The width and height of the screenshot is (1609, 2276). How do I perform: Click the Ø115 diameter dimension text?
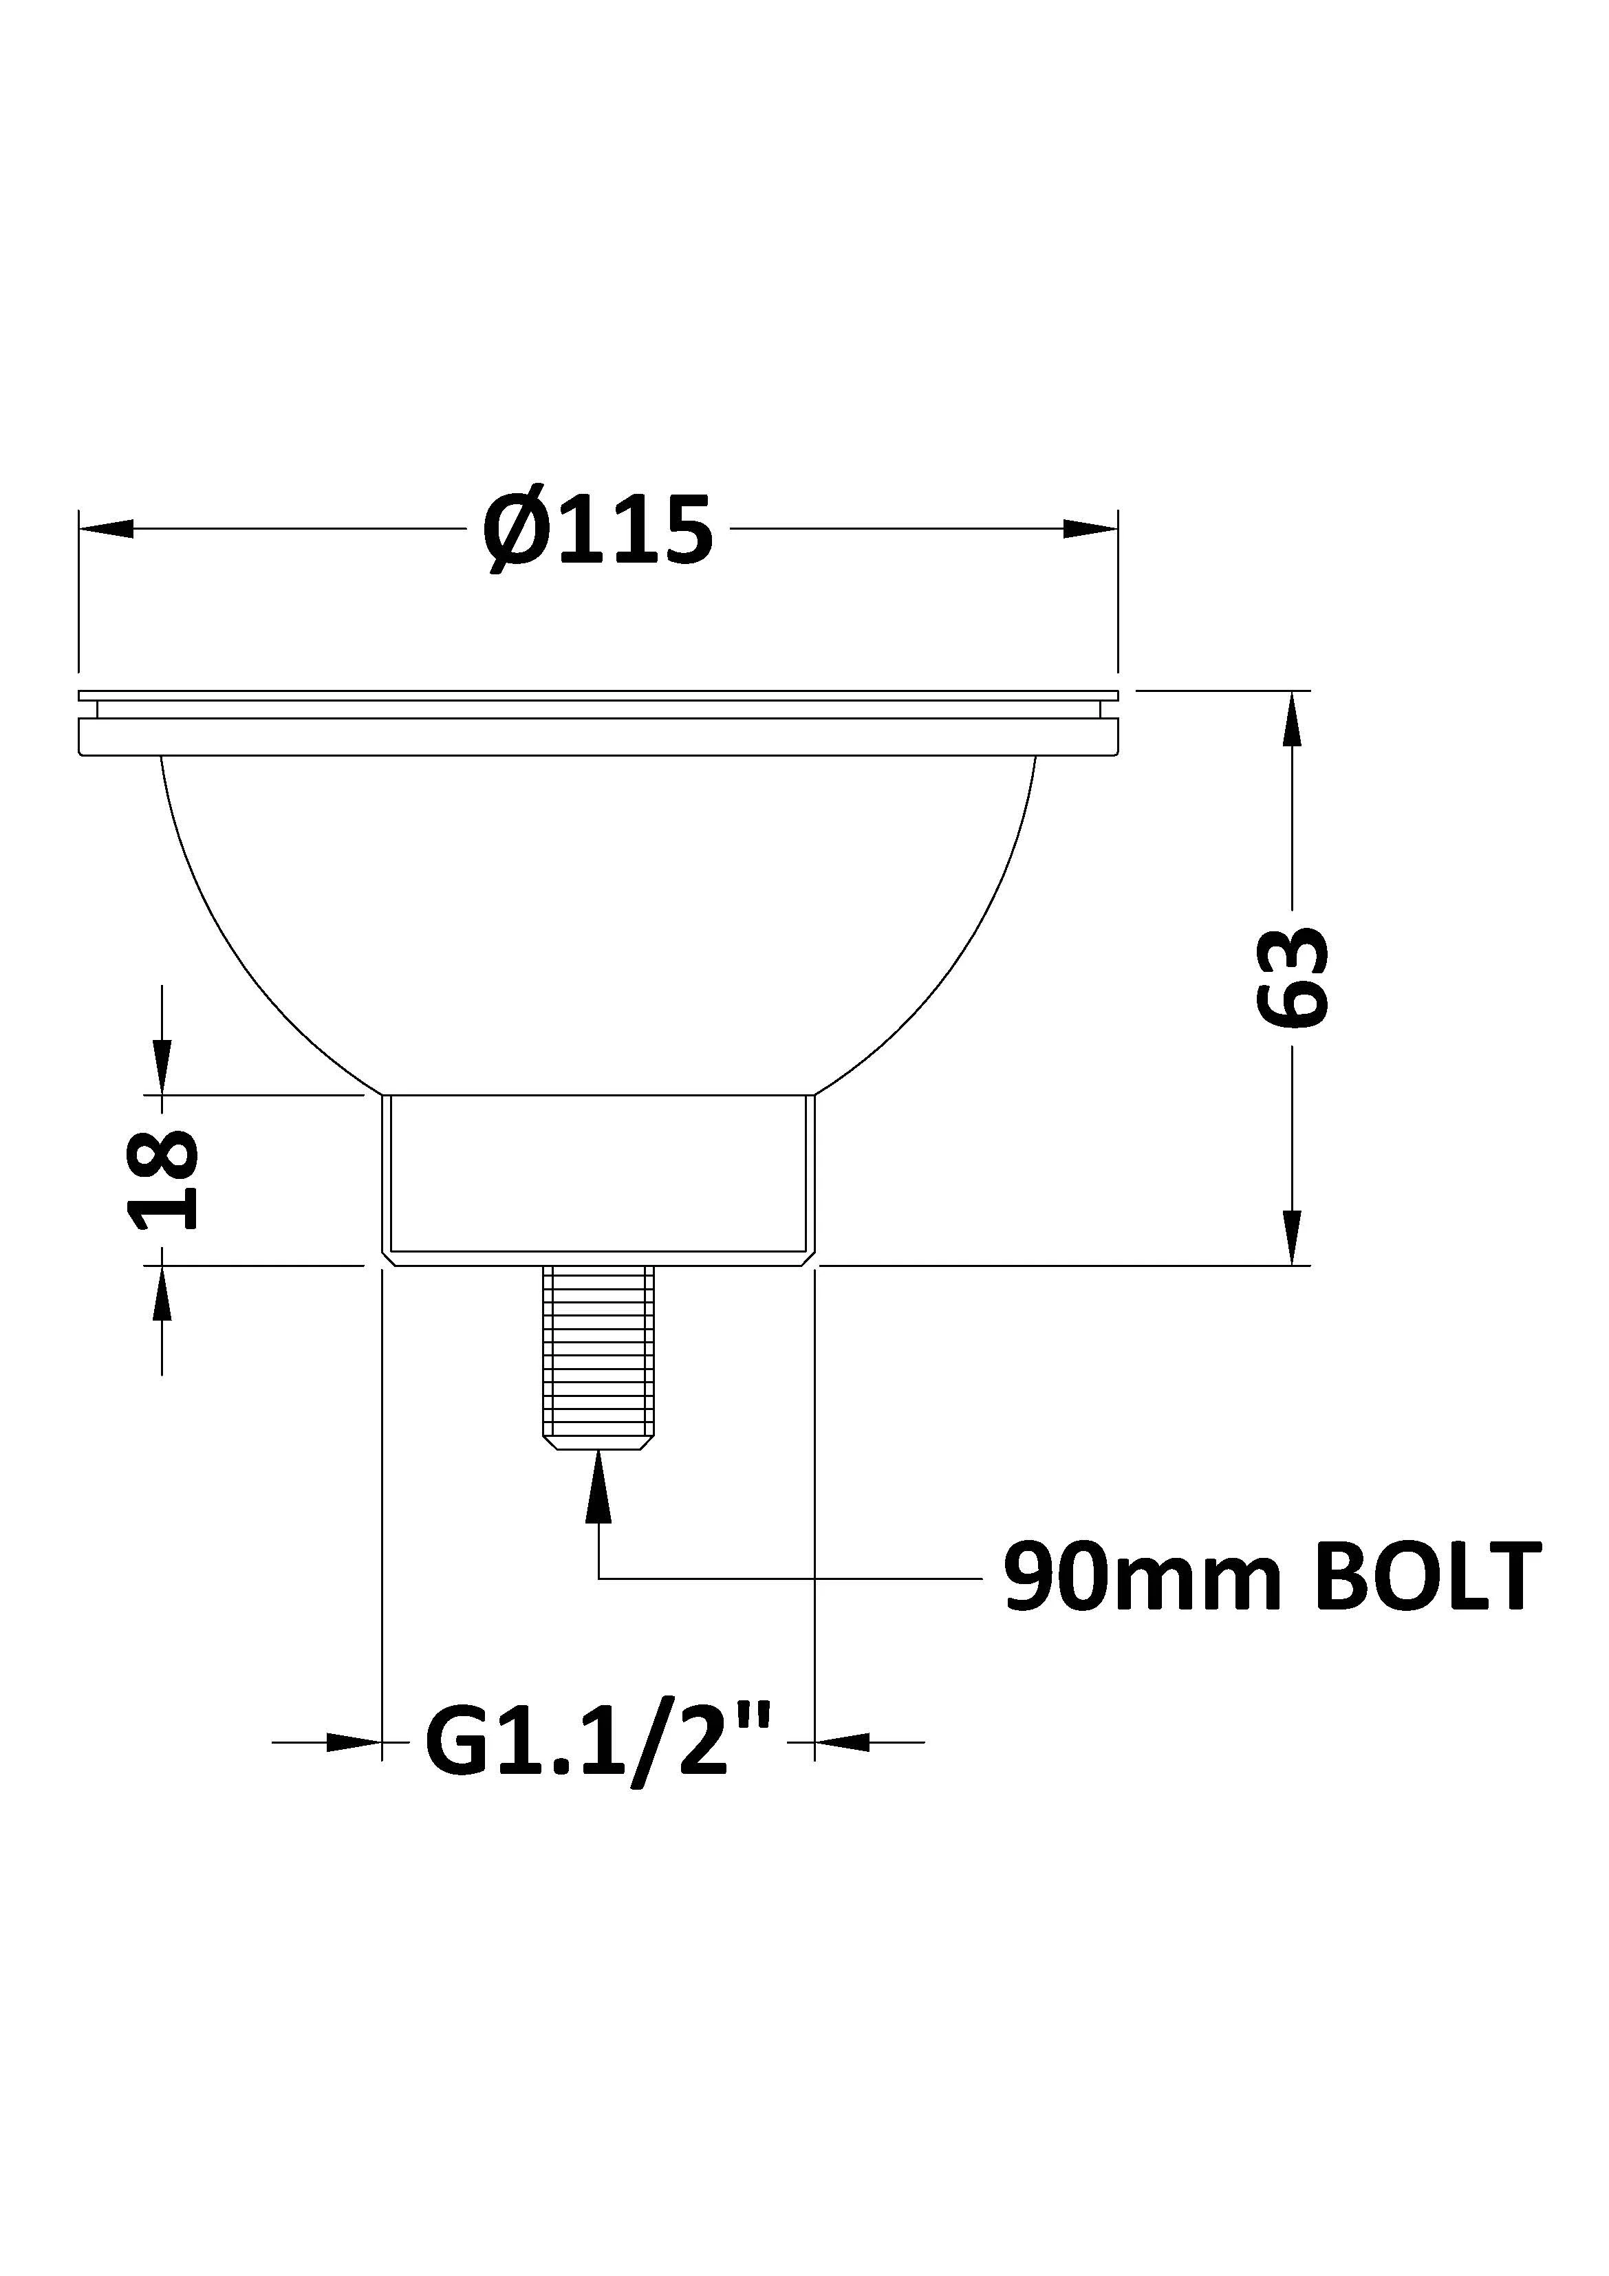coord(598,531)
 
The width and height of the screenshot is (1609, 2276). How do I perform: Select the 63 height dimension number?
coord(1291,977)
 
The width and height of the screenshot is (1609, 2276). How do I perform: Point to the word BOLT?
coord(1427,1577)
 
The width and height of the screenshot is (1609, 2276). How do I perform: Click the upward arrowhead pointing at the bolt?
coord(598,1484)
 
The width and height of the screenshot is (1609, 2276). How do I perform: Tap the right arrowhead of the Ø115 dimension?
coord(1090,528)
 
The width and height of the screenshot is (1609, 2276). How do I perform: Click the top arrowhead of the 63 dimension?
coord(1291,719)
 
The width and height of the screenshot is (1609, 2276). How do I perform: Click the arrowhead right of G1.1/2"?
coord(842,1742)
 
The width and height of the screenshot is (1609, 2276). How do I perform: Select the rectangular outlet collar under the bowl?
coord(598,1175)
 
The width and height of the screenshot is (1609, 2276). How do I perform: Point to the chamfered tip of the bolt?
coord(598,1443)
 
